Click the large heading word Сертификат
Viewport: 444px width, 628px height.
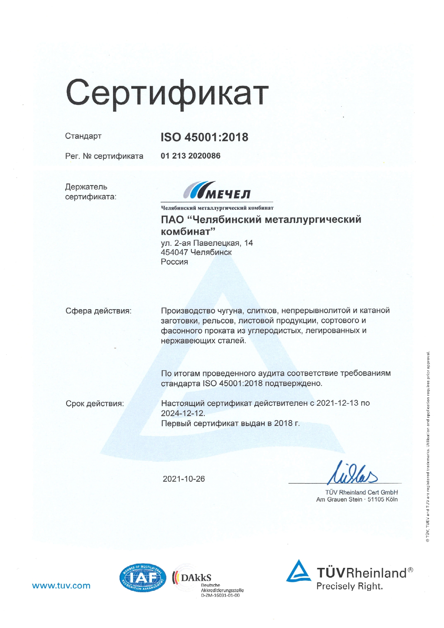pyautogui.click(x=167, y=93)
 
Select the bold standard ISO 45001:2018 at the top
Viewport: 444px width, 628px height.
pyautogui.click(x=204, y=137)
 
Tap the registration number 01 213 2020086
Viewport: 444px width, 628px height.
pyautogui.click(x=190, y=156)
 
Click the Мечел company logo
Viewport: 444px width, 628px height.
pyautogui.click(x=217, y=190)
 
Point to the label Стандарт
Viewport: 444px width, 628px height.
pyautogui.click(x=83, y=136)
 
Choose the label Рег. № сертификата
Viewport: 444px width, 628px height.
pyautogui.click(x=104, y=156)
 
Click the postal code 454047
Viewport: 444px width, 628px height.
pyautogui.click(x=174, y=252)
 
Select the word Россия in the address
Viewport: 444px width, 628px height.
pyautogui.click(x=174, y=262)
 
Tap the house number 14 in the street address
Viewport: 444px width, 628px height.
pyautogui.click(x=248, y=243)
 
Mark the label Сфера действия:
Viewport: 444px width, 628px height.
pyautogui.click(x=98, y=311)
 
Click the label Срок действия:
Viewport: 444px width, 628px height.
pyautogui.click(x=95, y=404)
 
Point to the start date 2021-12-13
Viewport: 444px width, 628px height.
pyautogui.click(x=337, y=403)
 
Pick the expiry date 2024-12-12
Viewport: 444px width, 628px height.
pyautogui.click(x=182, y=413)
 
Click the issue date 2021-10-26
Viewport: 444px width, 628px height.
pyautogui.click(x=184, y=479)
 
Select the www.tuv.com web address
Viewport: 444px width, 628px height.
pyautogui.click(x=61, y=586)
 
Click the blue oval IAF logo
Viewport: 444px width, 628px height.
pyautogui.click(x=142, y=578)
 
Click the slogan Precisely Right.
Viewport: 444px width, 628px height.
pyautogui.click(x=349, y=586)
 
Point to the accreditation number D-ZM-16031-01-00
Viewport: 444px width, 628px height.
pyautogui.click(x=220, y=595)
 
